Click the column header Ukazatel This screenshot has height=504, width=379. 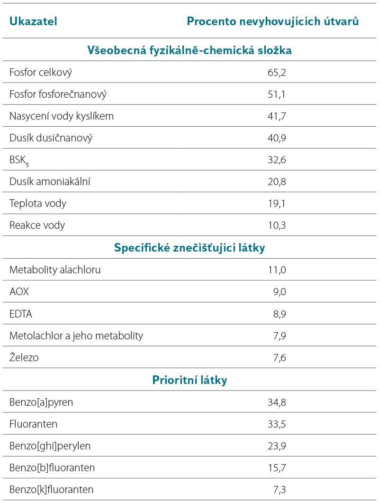pyautogui.click(x=33, y=21)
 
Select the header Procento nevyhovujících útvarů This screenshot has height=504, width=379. pyautogui.click(x=273, y=21)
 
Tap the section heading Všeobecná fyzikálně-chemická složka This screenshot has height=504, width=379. pyautogui.click(x=189, y=50)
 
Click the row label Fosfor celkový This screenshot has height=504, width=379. pyautogui.click(x=41, y=72)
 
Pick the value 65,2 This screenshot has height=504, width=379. pyautogui.click(x=277, y=73)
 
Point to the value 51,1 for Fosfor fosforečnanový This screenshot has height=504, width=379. pyautogui.click(x=277, y=94)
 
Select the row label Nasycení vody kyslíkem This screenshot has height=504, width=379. pyautogui.click(x=62, y=116)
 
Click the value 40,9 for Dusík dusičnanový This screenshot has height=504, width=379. pyautogui.click(x=277, y=138)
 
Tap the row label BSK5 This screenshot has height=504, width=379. pyautogui.click(x=19, y=160)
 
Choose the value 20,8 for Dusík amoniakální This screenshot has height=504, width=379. pyautogui.click(x=277, y=182)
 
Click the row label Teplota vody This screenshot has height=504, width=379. pyautogui.click(x=38, y=204)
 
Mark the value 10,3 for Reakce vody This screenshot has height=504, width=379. pyautogui.click(x=277, y=225)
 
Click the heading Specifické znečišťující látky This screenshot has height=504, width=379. pyautogui.click(x=189, y=248)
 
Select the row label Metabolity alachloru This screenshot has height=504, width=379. pyautogui.click(x=55, y=270)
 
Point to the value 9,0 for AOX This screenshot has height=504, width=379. pyautogui.click(x=280, y=292)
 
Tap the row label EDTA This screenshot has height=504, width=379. pyautogui.click(x=21, y=314)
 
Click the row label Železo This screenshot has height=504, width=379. pyautogui.click(x=24, y=357)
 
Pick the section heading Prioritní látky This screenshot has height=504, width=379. pyautogui.click(x=189, y=380)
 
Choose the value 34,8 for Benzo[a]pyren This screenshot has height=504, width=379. pyautogui.click(x=277, y=402)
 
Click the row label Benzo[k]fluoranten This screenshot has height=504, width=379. pyautogui.click(x=51, y=490)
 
